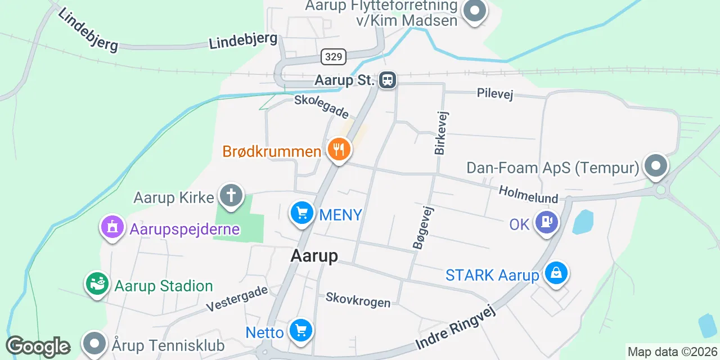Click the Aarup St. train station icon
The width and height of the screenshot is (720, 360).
388,80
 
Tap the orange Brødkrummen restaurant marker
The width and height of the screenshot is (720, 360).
339,150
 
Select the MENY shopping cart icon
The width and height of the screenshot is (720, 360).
302,213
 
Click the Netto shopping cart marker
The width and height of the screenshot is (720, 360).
300,330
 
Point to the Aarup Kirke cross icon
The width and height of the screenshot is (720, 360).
231,195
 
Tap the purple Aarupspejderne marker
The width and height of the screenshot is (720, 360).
112,227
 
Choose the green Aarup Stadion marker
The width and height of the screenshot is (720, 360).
97,284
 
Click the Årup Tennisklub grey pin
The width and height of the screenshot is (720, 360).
94,343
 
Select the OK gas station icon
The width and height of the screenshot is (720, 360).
546,222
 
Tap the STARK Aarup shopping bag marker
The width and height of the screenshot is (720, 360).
556,273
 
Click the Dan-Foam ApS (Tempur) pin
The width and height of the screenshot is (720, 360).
656,166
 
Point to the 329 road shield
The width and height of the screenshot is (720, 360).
334,56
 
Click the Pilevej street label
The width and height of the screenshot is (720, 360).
495,93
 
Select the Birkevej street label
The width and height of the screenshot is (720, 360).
440,133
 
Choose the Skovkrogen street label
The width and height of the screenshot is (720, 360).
358,300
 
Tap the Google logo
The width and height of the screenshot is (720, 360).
38,347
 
